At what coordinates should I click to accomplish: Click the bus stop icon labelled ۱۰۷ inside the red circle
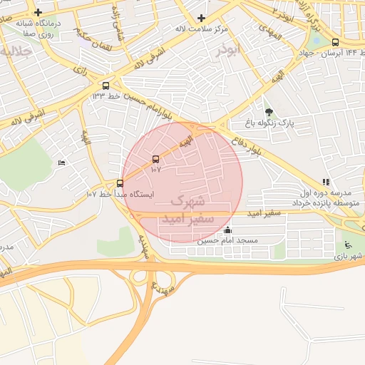(156, 159)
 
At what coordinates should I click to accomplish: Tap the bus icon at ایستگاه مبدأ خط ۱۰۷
(120, 183)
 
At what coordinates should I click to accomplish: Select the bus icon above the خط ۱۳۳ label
(106, 86)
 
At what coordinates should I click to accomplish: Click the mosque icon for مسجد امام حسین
(227, 230)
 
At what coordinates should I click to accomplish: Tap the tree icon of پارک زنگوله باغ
(269, 112)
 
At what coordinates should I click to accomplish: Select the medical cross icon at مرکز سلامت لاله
(201, 18)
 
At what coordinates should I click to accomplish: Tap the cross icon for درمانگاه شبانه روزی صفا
(38, 13)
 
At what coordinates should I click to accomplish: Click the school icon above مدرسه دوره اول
(326, 182)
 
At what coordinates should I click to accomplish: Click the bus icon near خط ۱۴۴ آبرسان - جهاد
(336, 42)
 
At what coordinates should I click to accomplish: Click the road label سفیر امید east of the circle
(263, 214)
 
